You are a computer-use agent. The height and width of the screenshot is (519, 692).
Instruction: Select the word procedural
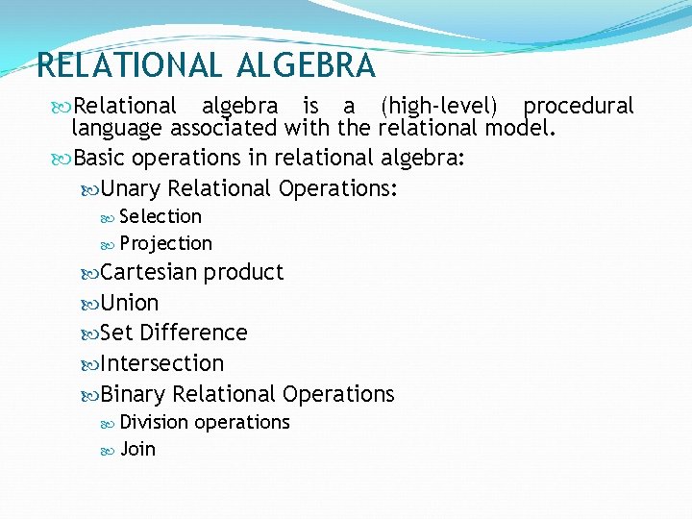pos(579,107)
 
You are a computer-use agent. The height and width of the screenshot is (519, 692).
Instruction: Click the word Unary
pos(131,189)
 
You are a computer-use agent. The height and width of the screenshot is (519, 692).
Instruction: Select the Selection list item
pos(161,217)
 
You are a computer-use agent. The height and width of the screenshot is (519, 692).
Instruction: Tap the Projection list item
pos(165,244)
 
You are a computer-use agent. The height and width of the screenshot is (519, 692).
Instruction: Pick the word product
pos(243,272)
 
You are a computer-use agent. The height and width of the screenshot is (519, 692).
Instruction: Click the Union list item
pos(130,303)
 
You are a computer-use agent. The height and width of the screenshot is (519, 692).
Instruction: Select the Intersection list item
pos(161,363)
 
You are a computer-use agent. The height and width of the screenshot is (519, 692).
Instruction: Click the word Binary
pos(133,394)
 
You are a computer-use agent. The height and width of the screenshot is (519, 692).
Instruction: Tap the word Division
pos(155,422)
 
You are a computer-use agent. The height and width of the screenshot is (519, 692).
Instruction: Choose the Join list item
pos(137,449)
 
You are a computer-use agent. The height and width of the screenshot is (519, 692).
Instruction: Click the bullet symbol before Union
pos(91,304)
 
